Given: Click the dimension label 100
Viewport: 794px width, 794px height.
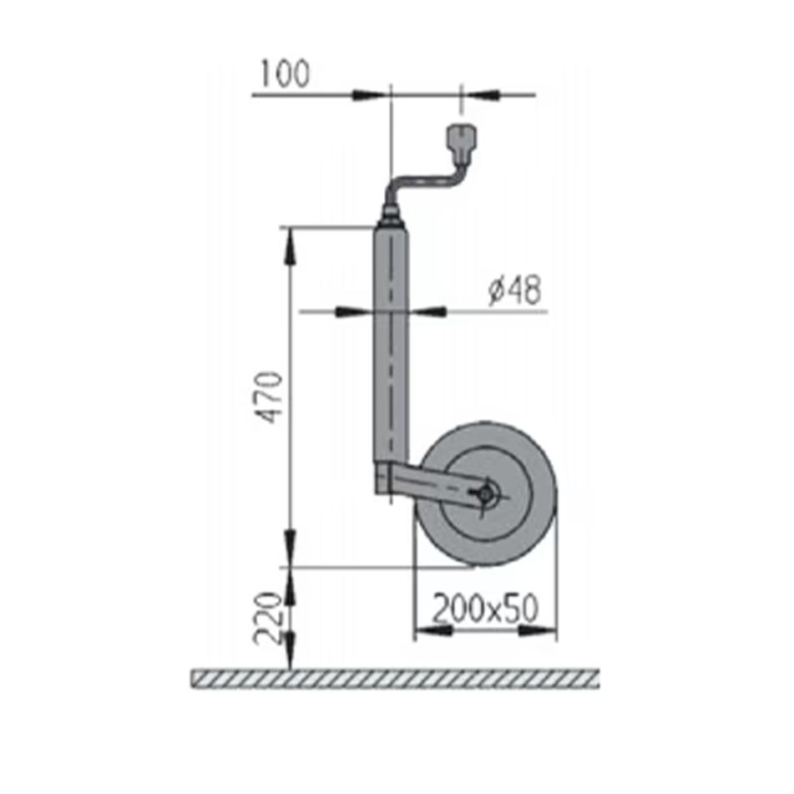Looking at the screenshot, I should pyautogui.click(x=284, y=75).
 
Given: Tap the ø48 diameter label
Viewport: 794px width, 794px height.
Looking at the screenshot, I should pyautogui.click(x=514, y=291).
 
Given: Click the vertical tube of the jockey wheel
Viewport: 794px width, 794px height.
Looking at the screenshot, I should pyautogui.click(x=391, y=351).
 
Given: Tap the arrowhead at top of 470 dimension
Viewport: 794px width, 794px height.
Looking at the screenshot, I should pyautogui.click(x=290, y=242).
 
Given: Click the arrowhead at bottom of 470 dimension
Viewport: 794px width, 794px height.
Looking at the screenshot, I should pyautogui.click(x=290, y=551).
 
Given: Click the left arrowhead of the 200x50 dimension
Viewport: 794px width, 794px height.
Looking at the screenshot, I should pyautogui.click(x=430, y=631).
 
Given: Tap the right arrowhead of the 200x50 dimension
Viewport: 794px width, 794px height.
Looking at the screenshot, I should pyautogui.click(x=541, y=631).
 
